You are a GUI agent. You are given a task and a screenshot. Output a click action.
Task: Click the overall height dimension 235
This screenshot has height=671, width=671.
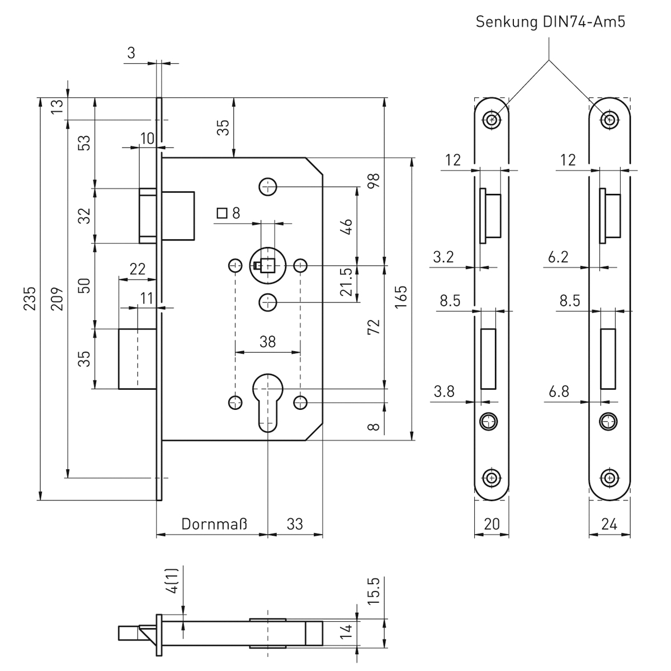click(x=31, y=299)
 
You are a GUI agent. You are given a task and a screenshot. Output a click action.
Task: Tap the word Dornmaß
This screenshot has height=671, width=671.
click(x=214, y=524)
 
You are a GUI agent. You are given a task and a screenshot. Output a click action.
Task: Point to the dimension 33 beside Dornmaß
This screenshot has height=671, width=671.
click(x=295, y=524)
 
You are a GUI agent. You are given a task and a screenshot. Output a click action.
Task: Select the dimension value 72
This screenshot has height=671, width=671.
click(x=374, y=326)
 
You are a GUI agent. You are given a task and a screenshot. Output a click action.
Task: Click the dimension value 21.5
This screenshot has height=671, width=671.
click(x=347, y=282)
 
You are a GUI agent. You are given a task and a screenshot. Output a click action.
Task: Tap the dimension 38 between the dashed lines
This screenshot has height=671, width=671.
click(x=268, y=342)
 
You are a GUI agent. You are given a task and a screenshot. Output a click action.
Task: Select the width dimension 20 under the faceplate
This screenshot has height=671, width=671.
click(x=492, y=524)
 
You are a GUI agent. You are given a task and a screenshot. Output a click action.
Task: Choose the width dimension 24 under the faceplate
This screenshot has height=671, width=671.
click(x=609, y=524)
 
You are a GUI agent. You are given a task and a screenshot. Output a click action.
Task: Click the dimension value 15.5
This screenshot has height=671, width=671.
click(x=374, y=591)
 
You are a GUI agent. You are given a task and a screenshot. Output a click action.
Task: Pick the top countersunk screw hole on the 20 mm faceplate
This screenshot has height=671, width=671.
click(x=492, y=119)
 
